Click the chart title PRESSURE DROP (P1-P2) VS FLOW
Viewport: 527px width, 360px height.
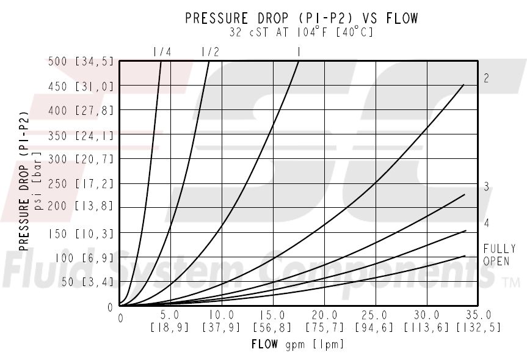point(302,19)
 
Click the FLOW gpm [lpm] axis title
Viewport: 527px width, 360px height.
point(297,344)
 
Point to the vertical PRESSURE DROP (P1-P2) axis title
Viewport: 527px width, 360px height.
point(25,181)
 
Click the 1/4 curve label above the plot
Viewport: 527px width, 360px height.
point(162,53)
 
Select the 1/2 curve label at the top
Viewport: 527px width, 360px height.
point(209,53)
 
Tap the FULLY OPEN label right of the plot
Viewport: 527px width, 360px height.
point(499,255)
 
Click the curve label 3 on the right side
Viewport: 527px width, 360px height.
point(487,187)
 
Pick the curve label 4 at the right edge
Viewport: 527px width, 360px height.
point(487,223)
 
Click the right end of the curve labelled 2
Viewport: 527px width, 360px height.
point(464,84)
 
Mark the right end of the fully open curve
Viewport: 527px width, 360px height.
point(465,255)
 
